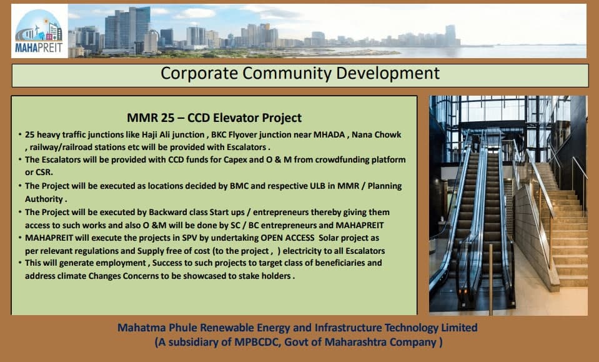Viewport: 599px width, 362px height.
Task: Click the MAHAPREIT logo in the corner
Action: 39,31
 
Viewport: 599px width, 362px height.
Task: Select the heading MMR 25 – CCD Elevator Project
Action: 214,118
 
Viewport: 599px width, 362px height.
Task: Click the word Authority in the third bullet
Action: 44,199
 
